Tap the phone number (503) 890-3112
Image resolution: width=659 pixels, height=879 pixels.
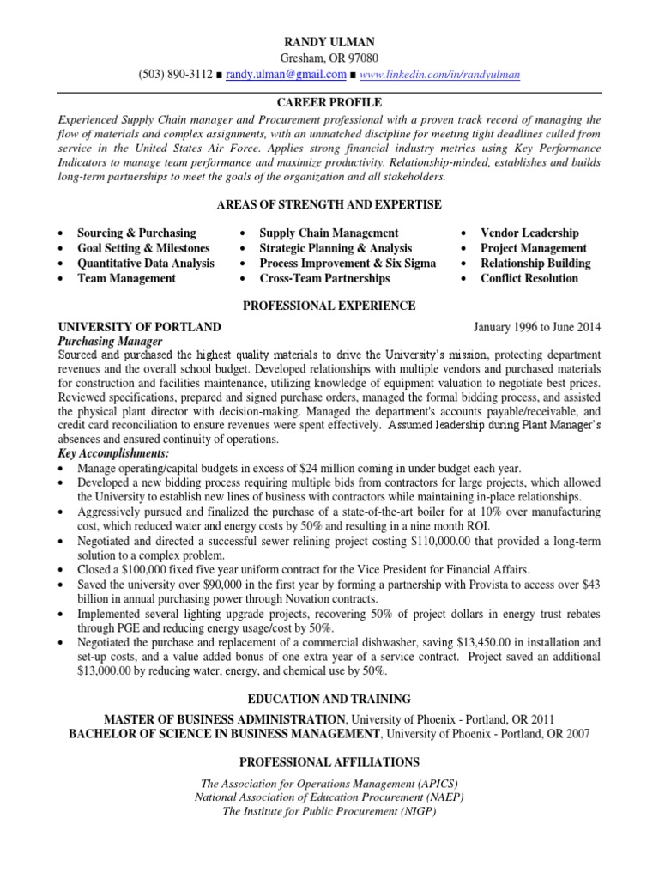175,75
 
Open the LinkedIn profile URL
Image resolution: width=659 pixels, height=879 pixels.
440,75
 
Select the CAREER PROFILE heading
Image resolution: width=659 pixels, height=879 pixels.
329,102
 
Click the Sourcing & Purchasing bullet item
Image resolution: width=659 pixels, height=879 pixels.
136,233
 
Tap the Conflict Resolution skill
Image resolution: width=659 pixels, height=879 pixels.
529,278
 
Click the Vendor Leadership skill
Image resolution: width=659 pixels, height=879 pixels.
529,233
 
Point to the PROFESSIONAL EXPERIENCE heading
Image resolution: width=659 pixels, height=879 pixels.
329,306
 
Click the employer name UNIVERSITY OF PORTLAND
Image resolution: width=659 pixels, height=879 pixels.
139,327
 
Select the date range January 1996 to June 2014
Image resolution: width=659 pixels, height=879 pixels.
537,327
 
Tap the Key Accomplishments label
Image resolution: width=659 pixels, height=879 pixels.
113,452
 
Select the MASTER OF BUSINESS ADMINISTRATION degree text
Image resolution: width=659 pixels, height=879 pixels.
225,718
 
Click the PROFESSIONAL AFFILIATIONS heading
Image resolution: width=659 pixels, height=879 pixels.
329,761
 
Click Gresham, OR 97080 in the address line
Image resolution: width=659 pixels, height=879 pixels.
329,58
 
